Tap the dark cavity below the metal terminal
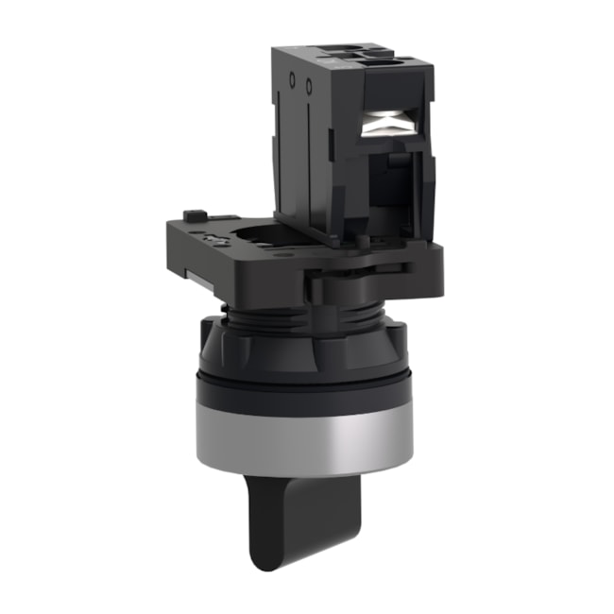click(x=387, y=179)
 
